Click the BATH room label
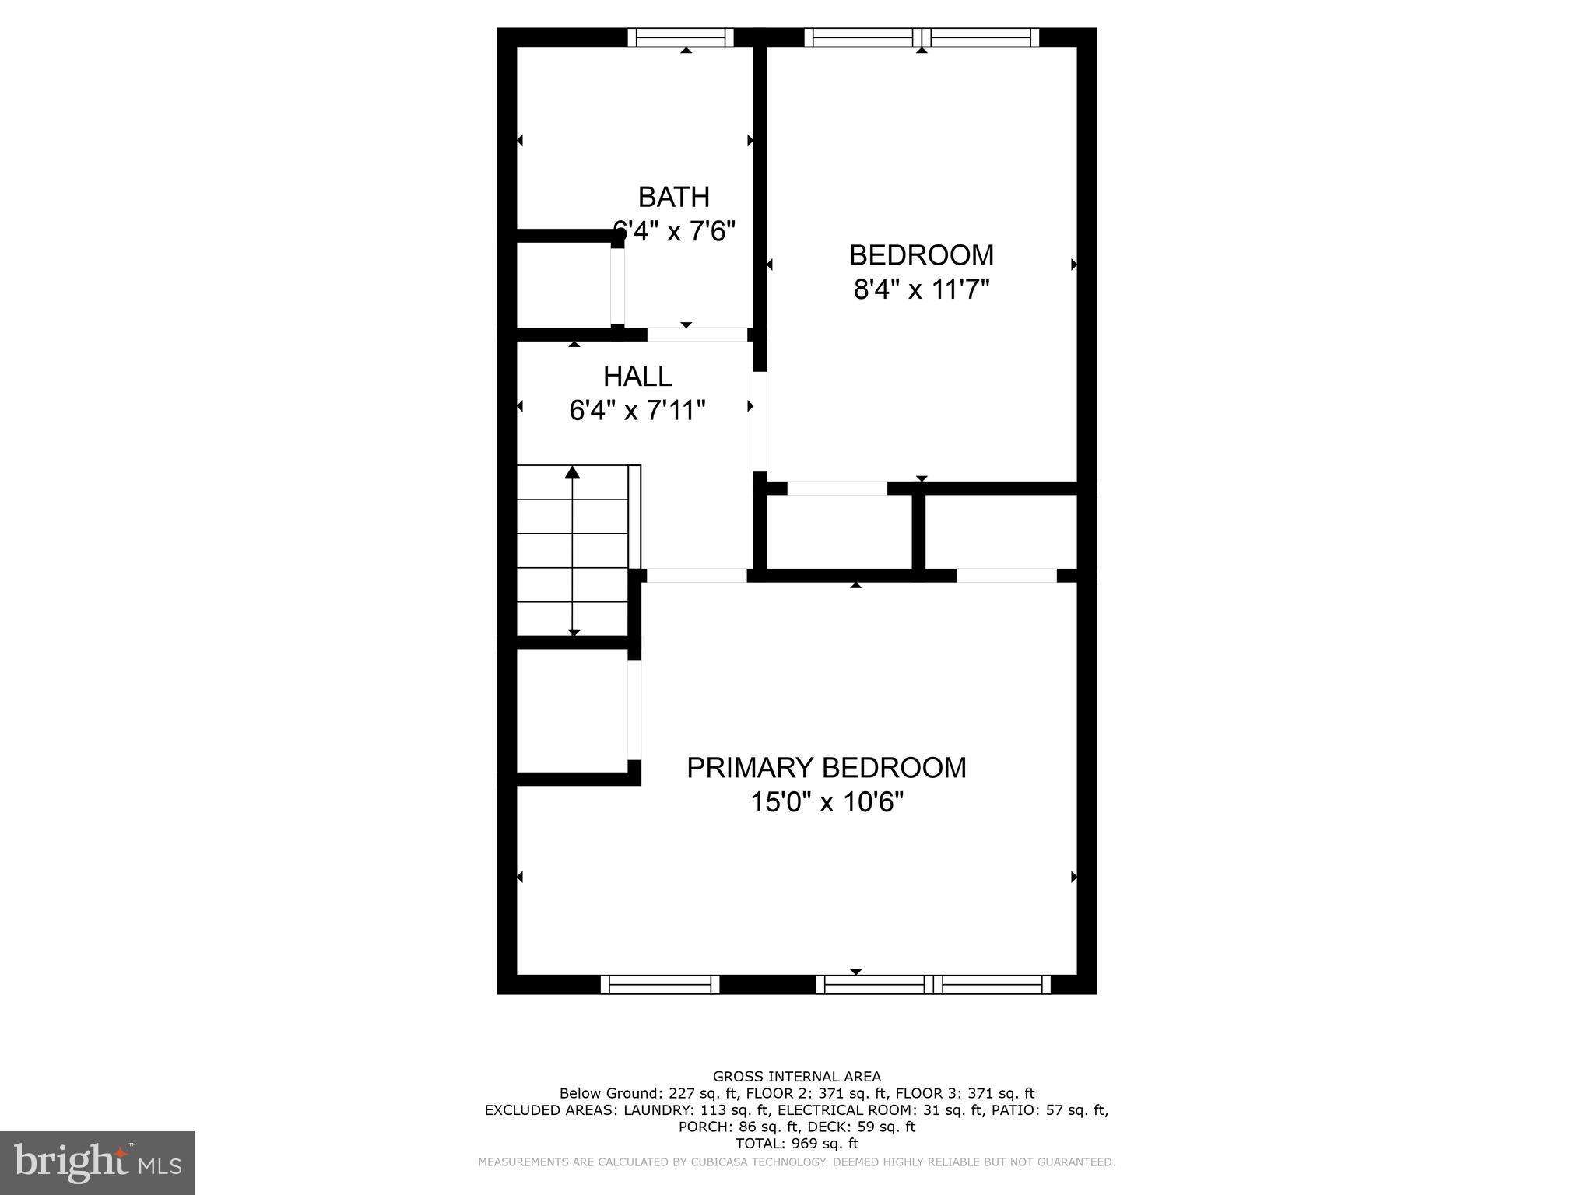674,197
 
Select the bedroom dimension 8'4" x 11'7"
921,289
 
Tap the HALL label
637,376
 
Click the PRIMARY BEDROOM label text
826,767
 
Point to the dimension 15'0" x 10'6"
826,802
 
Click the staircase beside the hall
573,551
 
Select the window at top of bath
680,37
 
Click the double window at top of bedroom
922,37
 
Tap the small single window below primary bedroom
660,985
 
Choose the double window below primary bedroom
933,985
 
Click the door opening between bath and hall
697,335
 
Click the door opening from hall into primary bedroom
697,576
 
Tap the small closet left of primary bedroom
572,710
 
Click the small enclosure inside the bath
564,285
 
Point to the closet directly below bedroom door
839,532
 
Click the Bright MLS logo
97,1162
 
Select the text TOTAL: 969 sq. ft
796,1144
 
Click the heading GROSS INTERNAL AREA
796,1077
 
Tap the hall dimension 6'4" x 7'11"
637,410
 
